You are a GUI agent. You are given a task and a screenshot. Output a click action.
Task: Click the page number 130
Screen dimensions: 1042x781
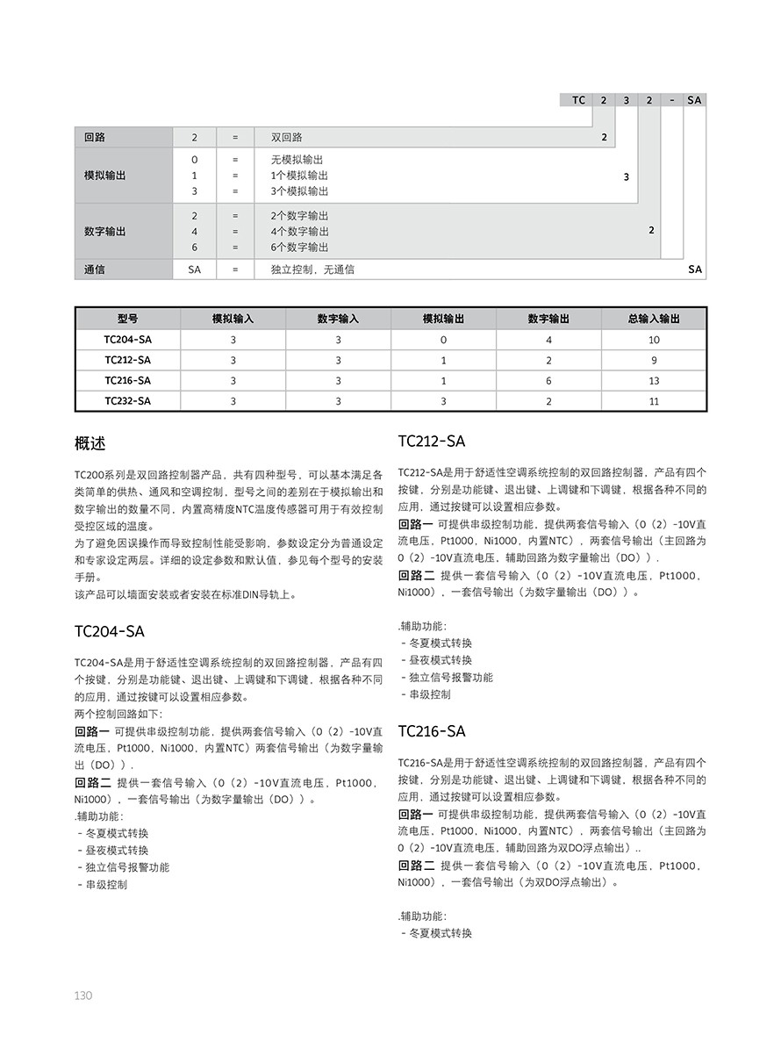tap(83, 995)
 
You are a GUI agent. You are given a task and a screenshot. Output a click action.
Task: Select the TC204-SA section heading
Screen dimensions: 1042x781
tap(110, 631)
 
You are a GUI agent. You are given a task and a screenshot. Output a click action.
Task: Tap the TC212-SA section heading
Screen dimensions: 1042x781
tap(431, 441)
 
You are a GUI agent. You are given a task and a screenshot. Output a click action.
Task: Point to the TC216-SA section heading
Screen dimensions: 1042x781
tap(431, 731)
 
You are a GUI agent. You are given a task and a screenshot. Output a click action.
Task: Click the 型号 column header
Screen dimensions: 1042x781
tap(127, 320)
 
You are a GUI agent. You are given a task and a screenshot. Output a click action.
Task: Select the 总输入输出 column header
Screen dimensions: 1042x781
tap(654, 320)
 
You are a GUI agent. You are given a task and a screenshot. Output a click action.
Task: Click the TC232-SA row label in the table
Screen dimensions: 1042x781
tap(127, 401)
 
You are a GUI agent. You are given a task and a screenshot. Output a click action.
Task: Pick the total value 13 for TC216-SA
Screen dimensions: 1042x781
tap(654, 381)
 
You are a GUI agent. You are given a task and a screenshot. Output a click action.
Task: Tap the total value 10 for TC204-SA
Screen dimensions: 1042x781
tap(654, 340)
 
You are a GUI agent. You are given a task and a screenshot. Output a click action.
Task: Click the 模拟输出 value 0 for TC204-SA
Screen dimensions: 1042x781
tap(443, 340)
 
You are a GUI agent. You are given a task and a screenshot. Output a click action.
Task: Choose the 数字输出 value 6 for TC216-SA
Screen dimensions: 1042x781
tap(548, 381)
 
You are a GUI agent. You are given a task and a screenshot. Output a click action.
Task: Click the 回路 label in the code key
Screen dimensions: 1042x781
tap(94, 138)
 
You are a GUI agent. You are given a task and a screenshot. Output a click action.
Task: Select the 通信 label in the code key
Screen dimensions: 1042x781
tap(94, 269)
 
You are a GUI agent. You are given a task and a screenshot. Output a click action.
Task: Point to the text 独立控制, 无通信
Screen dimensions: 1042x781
tap(312, 269)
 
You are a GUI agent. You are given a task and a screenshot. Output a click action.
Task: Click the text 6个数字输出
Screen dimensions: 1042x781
tap(299, 248)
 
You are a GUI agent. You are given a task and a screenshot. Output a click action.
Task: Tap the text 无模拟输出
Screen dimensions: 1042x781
tap(297, 160)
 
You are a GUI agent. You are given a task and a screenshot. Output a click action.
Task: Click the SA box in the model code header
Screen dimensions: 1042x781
tap(694, 100)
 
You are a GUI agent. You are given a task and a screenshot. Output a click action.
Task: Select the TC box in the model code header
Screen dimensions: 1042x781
tap(578, 100)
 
